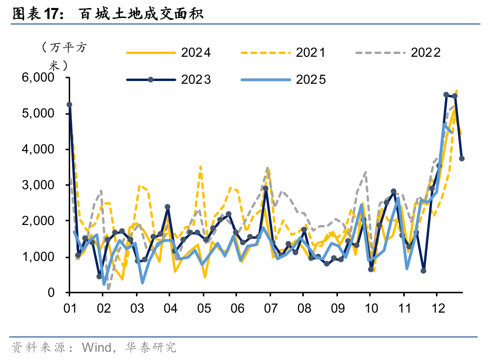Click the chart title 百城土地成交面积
(141, 14)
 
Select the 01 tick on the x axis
(70, 308)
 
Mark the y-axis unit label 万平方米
(62, 56)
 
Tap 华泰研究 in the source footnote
(151, 348)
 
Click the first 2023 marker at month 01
(70, 105)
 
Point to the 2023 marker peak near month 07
(266, 189)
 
